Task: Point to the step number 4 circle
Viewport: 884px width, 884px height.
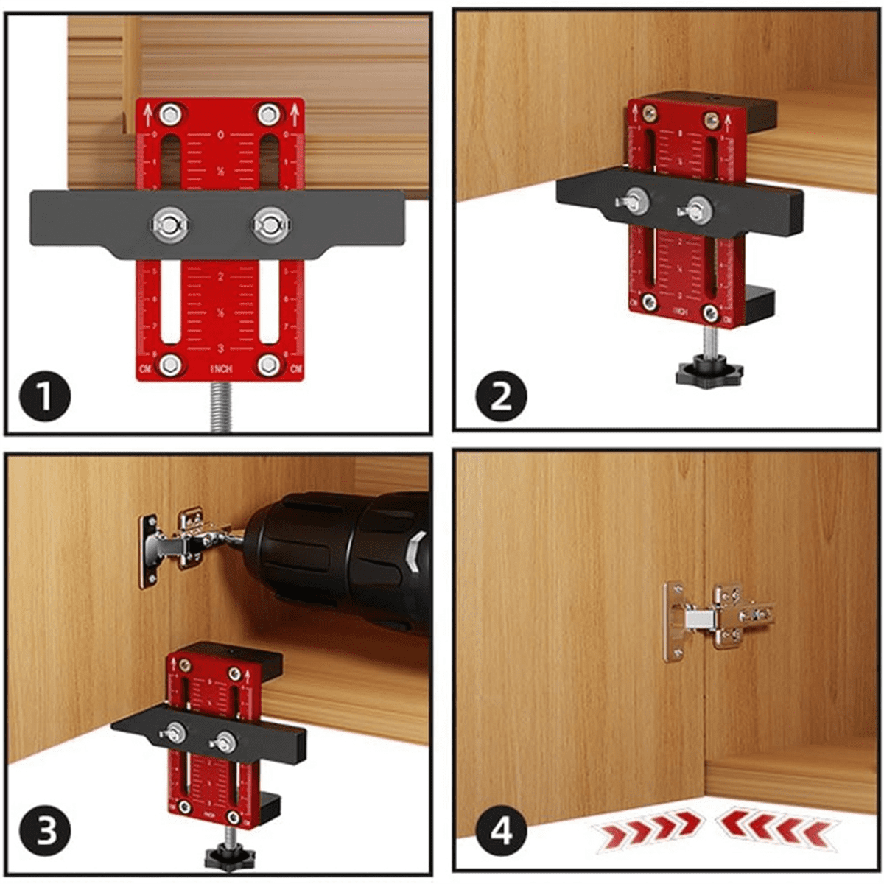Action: (x=502, y=832)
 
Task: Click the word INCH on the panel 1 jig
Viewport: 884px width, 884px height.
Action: (x=221, y=368)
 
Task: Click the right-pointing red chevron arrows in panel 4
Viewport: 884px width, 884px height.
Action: (x=645, y=832)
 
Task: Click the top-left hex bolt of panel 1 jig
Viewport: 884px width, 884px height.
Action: (x=170, y=114)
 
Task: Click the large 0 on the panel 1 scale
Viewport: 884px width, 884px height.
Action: (x=221, y=136)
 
